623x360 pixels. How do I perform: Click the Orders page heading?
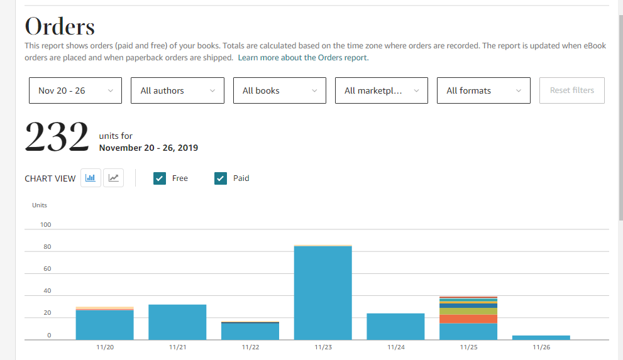click(x=60, y=26)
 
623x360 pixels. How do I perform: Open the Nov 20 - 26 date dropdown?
click(x=75, y=90)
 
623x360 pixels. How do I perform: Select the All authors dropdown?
click(x=177, y=90)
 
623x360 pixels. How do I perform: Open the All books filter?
click(x=279, y=90)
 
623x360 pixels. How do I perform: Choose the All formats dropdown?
click(x=483, y=90)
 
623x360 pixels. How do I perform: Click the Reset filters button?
click(x=571, y=90)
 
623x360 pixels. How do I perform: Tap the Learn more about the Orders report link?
click(x=303, y=58)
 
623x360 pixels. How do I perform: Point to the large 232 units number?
click(x=57, y=138)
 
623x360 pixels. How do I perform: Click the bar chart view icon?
click(x=91, y=178)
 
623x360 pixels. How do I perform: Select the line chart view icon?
click(x=114, y=178)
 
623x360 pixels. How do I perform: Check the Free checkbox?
click(x=160, y=178)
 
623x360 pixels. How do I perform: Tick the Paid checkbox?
click(x=221, y=178)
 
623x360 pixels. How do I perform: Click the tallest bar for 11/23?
click(x=323, y=292)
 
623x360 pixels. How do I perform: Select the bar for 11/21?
click(x=177, y=322)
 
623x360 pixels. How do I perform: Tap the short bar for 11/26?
click(x=541, y=337)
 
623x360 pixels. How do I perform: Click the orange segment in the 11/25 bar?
click(x=468, y=319)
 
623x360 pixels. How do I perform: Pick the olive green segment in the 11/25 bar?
click(x=468, y=311)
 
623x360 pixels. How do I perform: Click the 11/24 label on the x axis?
click(x=395, y=347)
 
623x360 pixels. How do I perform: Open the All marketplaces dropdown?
click(x=382, y=90)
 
